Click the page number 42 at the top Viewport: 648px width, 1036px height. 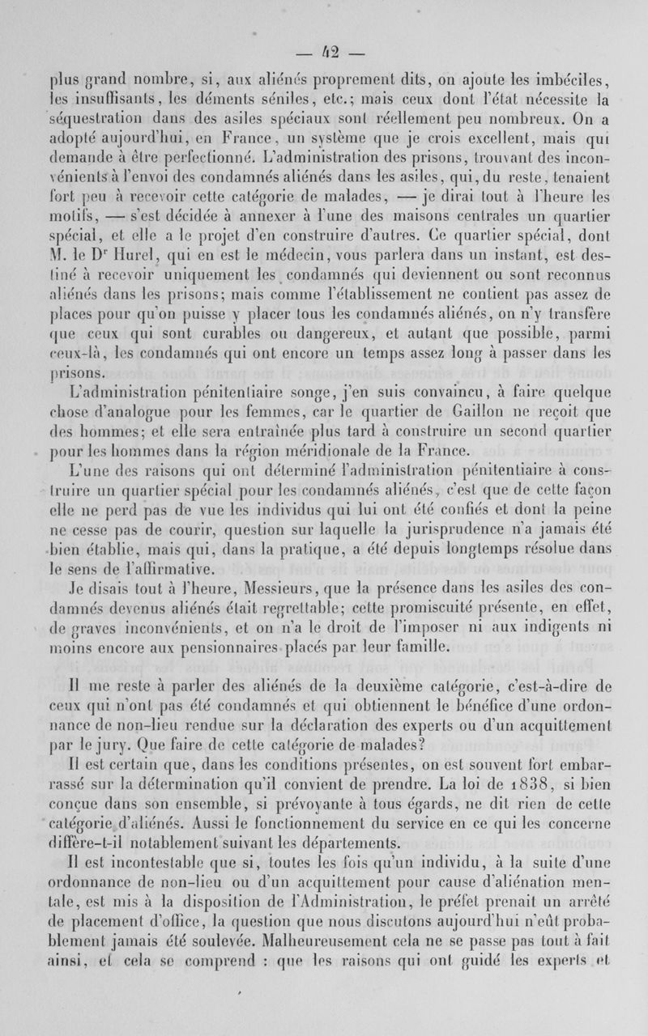pyautogui.click(x=324, y=54)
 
